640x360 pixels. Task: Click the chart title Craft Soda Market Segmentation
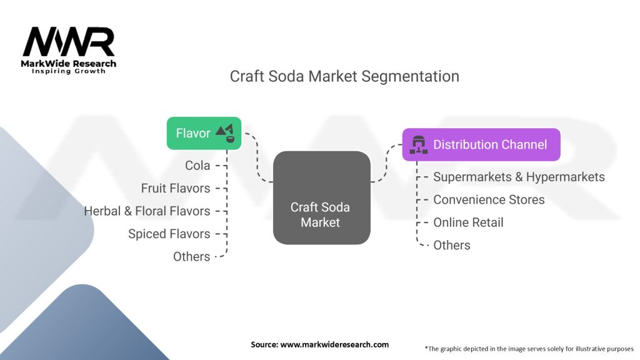pos(344,76)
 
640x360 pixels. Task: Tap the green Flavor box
pos(203,132)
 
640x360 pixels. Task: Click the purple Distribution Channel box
pos(481,144)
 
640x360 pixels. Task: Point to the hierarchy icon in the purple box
pos(418,145)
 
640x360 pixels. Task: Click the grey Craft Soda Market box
pos(321,197)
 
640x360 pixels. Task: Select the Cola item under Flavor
pos(197,166)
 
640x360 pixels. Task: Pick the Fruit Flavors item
pos(176,188)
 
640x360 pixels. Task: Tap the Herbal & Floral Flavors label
pos(147,211)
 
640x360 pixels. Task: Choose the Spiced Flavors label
pos(169,234)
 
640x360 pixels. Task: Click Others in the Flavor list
pos(191,256)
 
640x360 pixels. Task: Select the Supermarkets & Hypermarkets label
pos(519,177)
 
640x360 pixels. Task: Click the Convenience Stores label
pos(489,199)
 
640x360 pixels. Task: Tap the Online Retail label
pos(468,222)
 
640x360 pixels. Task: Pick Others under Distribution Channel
pos(452,245)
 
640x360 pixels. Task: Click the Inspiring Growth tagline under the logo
pos(69,71)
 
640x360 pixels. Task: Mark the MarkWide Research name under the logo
pos(69,63)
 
